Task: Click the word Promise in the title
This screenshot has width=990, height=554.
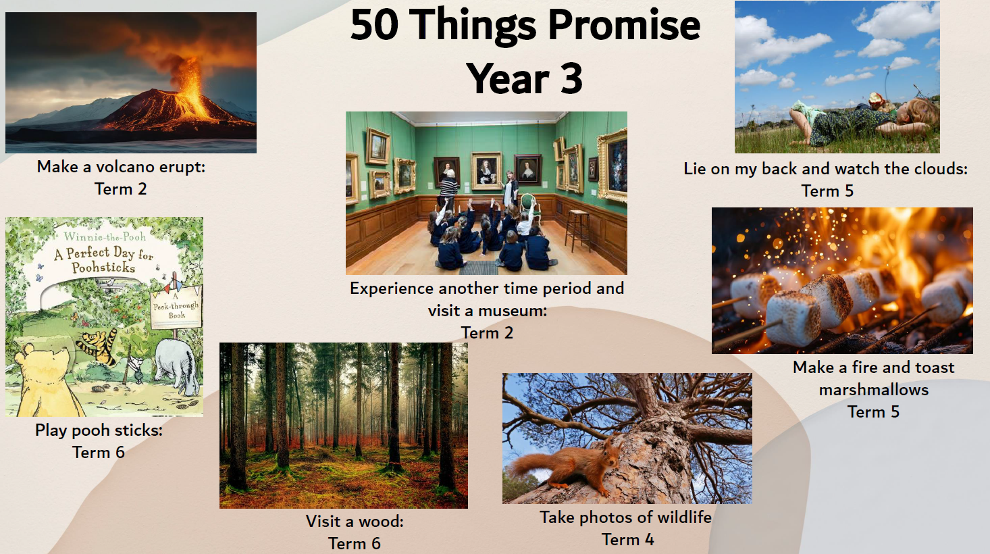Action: pos(624,26)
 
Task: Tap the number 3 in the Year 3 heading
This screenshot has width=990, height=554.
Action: pos(571,78)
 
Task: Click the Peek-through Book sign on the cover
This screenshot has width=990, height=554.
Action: pos(176,307)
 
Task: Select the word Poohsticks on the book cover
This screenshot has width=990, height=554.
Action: pos(103,268)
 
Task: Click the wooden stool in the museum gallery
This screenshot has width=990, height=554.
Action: pos(577,229)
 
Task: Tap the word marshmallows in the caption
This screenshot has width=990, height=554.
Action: pos(873,390)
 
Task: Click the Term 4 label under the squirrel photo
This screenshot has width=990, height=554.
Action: pos(627,540)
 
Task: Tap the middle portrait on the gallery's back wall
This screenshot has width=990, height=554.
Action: pos(487,170)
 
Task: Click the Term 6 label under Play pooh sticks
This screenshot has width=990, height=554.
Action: pos(99,453)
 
